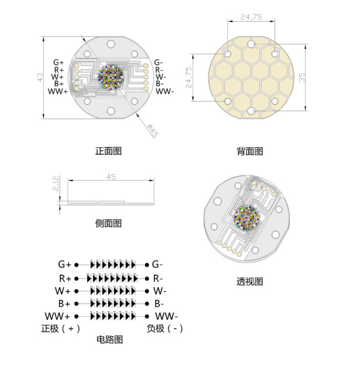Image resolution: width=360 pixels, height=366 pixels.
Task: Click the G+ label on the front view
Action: pyautogui.click(x=59, y=63)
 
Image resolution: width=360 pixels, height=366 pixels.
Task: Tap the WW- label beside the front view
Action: pyautogui.click(x=165, y=91)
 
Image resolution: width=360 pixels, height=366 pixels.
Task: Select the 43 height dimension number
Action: pyautogui.click(x=40, y=78)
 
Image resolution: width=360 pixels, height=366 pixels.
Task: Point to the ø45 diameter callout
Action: pyautogui.click(x=153, y=131)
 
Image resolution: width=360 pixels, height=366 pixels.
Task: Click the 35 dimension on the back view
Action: pyautogui.click(x=302, y=77)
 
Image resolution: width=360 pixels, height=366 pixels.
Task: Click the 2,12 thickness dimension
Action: pyautogui.click(x=56, y=184)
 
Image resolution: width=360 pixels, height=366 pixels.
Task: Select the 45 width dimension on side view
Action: pyautogui.click(x=111, y=177)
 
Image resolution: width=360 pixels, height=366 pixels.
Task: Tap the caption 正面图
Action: pyautogui.click(x=108, y=151)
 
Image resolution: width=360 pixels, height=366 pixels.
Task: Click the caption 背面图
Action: pyautogui.click(x=250, y=151)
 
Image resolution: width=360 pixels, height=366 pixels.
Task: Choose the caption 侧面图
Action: pyautogui.click(x=108, y=223)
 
